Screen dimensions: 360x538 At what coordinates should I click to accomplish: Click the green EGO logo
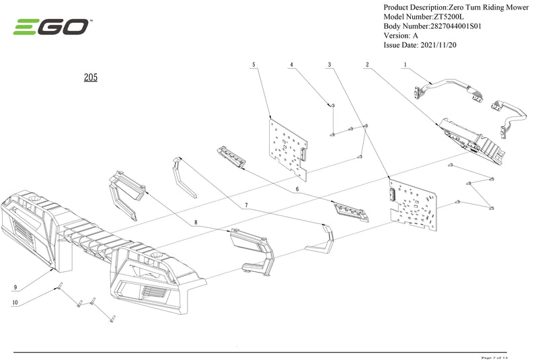51,27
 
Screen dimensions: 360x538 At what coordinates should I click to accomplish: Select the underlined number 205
91,77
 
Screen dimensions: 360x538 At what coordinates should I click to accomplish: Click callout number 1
406,65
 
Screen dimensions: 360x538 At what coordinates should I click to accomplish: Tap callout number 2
367,65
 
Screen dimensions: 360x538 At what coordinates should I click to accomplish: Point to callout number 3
330,65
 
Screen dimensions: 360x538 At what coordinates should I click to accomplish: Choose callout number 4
292,65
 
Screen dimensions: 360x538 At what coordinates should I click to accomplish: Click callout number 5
254,65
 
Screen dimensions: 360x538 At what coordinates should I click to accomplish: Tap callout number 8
196,221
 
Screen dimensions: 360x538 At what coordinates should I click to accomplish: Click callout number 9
15,287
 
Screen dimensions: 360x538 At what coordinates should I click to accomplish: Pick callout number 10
15,303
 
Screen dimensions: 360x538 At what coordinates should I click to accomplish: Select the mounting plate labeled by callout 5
287,145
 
